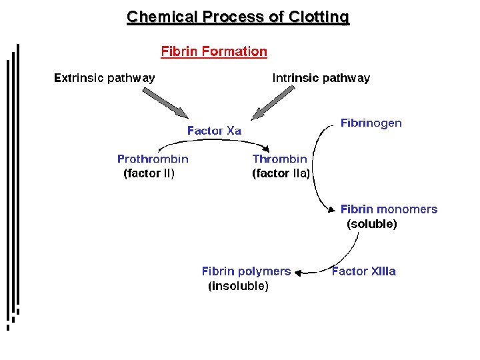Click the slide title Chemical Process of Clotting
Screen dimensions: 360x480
[238, 17]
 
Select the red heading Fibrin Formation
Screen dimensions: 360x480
[214, 51]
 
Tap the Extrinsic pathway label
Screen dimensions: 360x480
[104, 78]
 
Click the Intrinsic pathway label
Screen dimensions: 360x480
[321, 78]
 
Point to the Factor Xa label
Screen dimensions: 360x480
[214, 131]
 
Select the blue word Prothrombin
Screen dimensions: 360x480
[153, 159]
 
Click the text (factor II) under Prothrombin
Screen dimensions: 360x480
[149, 174]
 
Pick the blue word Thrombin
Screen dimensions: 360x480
[280, 159]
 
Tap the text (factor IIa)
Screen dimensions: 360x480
[281, 174]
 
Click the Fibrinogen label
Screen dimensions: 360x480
[371, 123]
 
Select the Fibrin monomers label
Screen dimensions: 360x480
[389, 209]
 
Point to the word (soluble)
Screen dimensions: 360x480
[372, 224]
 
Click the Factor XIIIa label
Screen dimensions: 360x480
[364, 271]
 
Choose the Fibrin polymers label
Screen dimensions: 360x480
[246, 271]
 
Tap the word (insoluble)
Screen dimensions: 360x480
[239, 286]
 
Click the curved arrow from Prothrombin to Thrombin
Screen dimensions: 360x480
[213, 141]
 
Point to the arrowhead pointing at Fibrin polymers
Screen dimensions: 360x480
[299, 272]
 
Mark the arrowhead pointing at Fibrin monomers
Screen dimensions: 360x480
[331, 209]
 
